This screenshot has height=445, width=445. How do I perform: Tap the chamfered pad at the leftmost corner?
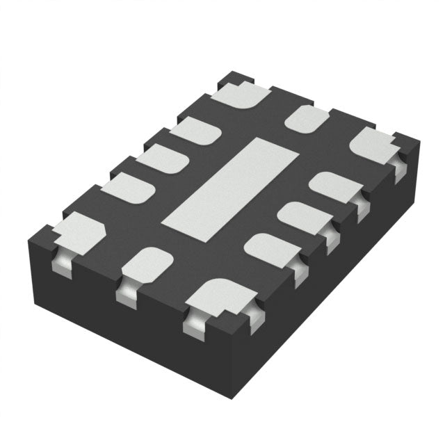pos(78,232)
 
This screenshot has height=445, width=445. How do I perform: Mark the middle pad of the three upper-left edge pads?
pos(162,159)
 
